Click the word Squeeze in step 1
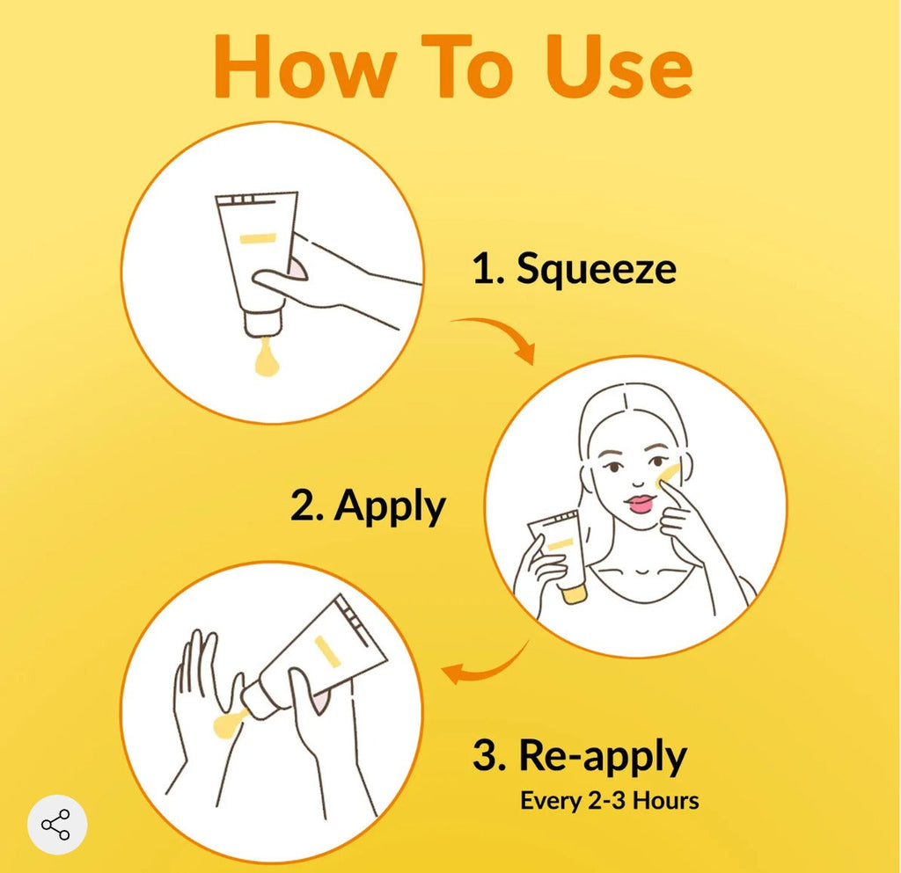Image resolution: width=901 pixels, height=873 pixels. pos(596,269)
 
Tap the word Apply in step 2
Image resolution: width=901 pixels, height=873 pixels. pos(390,506)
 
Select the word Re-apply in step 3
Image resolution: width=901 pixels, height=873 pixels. pos(602,756)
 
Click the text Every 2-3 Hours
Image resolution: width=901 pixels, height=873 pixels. pos(609,801)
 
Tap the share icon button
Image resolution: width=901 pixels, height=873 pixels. pos(57,825)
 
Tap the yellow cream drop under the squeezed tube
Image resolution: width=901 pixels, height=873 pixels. pos(267,359)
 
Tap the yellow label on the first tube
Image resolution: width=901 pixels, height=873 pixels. pos(258,238)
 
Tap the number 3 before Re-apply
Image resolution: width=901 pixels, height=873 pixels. pos(486,754)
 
